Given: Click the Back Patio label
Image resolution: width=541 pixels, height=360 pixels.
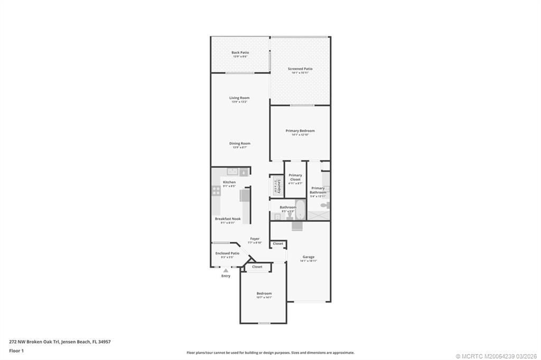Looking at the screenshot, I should [240, 52].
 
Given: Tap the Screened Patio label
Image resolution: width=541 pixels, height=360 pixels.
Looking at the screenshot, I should [300, 69].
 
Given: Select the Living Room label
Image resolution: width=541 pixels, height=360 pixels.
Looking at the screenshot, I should [239, 98].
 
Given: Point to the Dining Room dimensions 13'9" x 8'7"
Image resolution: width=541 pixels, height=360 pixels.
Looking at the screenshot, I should [239, 147].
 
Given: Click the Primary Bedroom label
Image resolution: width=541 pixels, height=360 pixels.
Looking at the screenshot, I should [300, 130].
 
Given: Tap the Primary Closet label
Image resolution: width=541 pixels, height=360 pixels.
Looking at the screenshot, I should [295, 177].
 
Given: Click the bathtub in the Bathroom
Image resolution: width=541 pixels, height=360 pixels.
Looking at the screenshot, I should [300, 211].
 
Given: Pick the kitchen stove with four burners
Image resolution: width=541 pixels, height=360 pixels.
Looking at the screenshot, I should [216, 192].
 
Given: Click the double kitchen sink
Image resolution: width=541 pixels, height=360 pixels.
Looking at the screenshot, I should [231, 172].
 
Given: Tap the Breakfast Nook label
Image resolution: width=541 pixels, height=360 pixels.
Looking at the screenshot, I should [226, 219].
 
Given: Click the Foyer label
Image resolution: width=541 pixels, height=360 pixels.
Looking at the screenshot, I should [255, 239].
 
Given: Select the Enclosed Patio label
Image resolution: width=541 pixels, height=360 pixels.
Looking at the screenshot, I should [227, 253].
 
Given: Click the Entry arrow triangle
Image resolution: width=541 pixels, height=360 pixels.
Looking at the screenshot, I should [226, 270].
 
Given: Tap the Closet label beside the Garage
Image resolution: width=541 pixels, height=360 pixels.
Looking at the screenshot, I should [278, 244].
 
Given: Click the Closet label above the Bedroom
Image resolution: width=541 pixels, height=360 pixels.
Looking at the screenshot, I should [257, 267].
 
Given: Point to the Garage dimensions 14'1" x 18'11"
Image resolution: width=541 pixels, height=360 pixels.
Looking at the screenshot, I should [308, 261].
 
